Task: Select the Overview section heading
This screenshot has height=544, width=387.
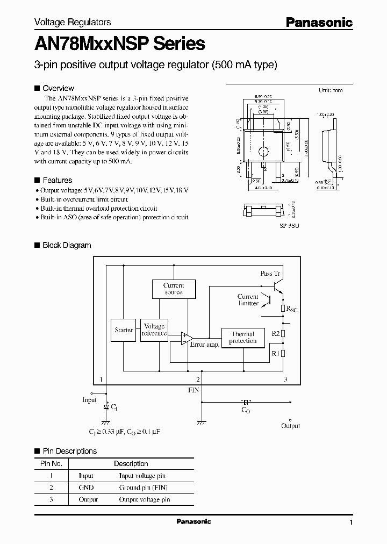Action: point(58,88)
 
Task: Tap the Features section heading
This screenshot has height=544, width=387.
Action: point(57,180)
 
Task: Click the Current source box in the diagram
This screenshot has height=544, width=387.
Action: point(173,289)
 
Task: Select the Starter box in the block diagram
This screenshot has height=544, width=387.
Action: point(124,330)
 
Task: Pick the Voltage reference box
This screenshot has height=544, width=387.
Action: point(154,330)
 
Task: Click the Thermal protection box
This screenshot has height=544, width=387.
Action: point(243,338)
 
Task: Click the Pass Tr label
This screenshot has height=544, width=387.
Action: point(270,274)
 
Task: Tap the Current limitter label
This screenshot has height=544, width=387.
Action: point(248,300)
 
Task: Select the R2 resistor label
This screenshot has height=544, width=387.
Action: point(275,333)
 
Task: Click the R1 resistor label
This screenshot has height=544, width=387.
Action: point(275,353)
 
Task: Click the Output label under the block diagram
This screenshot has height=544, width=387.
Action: point(291,426)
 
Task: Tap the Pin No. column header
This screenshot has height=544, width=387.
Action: point(52,463)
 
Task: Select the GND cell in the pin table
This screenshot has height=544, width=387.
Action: point(86,488)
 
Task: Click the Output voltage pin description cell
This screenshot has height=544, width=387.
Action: point(144,499)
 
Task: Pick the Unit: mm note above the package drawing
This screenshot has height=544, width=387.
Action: point(330,90)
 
